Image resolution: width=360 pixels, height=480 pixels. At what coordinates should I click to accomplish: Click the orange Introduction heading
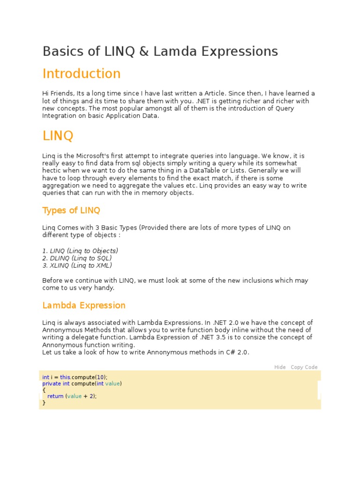click(x=82, y=74)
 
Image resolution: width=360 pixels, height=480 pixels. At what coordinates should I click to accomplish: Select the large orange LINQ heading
click(x=58, y=136)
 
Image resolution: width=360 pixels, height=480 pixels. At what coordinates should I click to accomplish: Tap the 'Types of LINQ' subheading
click(x=71, y=210)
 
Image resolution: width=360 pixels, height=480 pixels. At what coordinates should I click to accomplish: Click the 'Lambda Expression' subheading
click(x=84, y=305)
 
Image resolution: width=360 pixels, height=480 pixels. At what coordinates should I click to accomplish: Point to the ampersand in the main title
click(x=144, y=51)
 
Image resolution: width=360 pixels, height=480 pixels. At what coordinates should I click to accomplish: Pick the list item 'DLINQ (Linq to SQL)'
click(x=77, y=258)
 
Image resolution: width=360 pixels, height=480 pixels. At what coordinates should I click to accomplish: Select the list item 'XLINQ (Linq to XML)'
click(x=77, y=265)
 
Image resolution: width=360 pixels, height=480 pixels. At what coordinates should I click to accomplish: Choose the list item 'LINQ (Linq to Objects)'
click(x=80, y=250)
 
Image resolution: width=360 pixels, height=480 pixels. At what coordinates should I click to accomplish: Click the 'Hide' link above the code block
click(x=280, y=367)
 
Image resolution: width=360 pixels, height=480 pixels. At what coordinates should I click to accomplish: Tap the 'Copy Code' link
click(x=304, y=367)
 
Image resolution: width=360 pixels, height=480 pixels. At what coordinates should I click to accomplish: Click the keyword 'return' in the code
click(x=55, y=396)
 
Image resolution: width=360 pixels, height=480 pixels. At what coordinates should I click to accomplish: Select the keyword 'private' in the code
click(x=52, y=383)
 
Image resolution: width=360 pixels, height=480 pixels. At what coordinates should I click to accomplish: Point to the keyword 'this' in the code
click(x=65, y=377)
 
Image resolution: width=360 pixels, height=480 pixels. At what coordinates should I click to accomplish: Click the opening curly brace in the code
click(x=44, y=390)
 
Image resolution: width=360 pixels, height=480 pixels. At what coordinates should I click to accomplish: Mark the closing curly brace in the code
click(x=44, y=402)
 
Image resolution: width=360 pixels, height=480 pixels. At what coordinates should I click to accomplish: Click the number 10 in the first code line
click(x=100, y=377)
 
